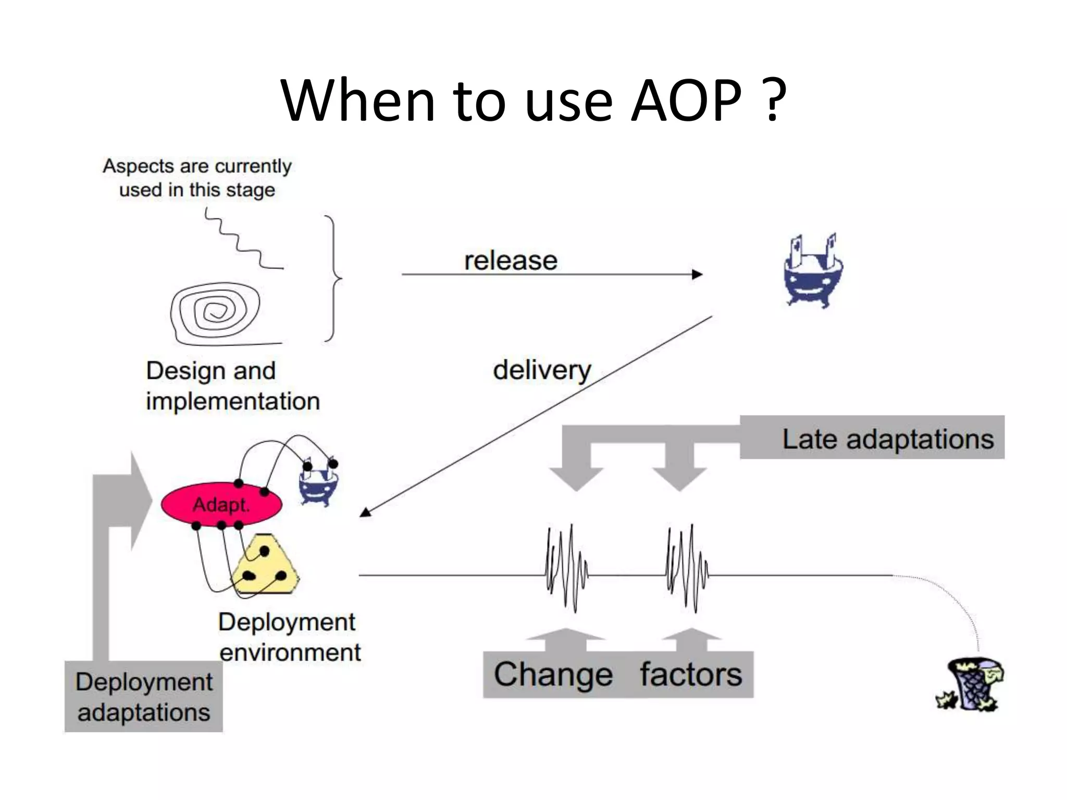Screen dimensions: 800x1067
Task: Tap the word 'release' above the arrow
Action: pyautogui.click(x=511, y=260)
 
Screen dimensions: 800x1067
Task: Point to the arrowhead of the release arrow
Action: pyautogui.click(x=697, y=274)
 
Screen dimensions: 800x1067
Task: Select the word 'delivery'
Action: pyautogui.click(x=542, y=370)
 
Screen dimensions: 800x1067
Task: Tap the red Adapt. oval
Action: pyautogui.click(x=221, y=504)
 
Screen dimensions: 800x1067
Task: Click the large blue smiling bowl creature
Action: pyautogui.click(x=813, y=273)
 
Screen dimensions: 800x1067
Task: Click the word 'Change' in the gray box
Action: pyautogui.click(x=553, y=674)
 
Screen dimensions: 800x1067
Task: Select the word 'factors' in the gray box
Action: pyautogui.click(x=691, y=674)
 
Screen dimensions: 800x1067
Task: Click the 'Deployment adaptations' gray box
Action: pyautogui.click(x=144, y=696)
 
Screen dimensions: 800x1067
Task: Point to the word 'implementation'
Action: pyautogui.click(x=233, y=402)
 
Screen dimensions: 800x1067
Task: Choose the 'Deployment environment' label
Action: pyautogui.click(x=289, y=637)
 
